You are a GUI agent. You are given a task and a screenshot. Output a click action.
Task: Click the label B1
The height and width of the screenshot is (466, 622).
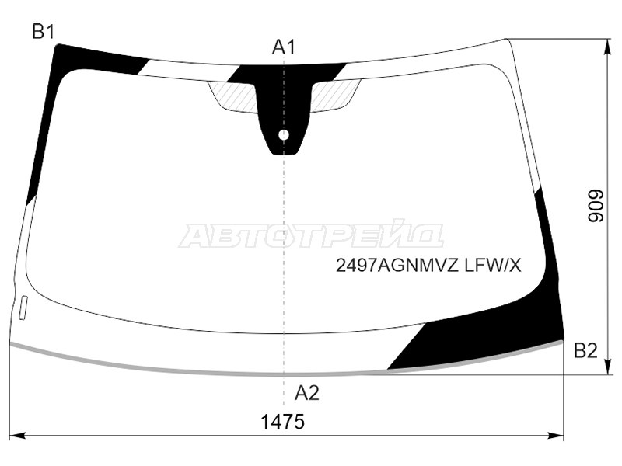point(43,32)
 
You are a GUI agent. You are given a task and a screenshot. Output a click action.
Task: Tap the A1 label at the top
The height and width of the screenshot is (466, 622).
point(284,48)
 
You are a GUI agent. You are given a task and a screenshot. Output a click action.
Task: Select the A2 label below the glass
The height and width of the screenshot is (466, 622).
point(306,394)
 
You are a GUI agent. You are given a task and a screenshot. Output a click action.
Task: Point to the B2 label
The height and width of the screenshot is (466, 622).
point(585,351)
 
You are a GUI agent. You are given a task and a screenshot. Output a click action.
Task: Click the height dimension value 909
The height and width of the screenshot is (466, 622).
point(595,207)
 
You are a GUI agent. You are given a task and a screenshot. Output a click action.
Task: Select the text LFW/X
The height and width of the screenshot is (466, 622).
point(492,266)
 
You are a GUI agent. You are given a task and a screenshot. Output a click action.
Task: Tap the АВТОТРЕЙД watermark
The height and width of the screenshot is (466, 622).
point(311,236)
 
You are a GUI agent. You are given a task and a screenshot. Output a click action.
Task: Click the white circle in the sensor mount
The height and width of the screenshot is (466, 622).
point(284,135)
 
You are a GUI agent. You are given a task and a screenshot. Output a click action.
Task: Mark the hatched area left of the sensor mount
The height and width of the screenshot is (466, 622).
point(236,96)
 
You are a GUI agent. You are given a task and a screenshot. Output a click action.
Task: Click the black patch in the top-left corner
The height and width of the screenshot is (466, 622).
point(86,59)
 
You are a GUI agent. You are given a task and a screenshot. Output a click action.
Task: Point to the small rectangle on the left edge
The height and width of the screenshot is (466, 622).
point(23,307)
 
